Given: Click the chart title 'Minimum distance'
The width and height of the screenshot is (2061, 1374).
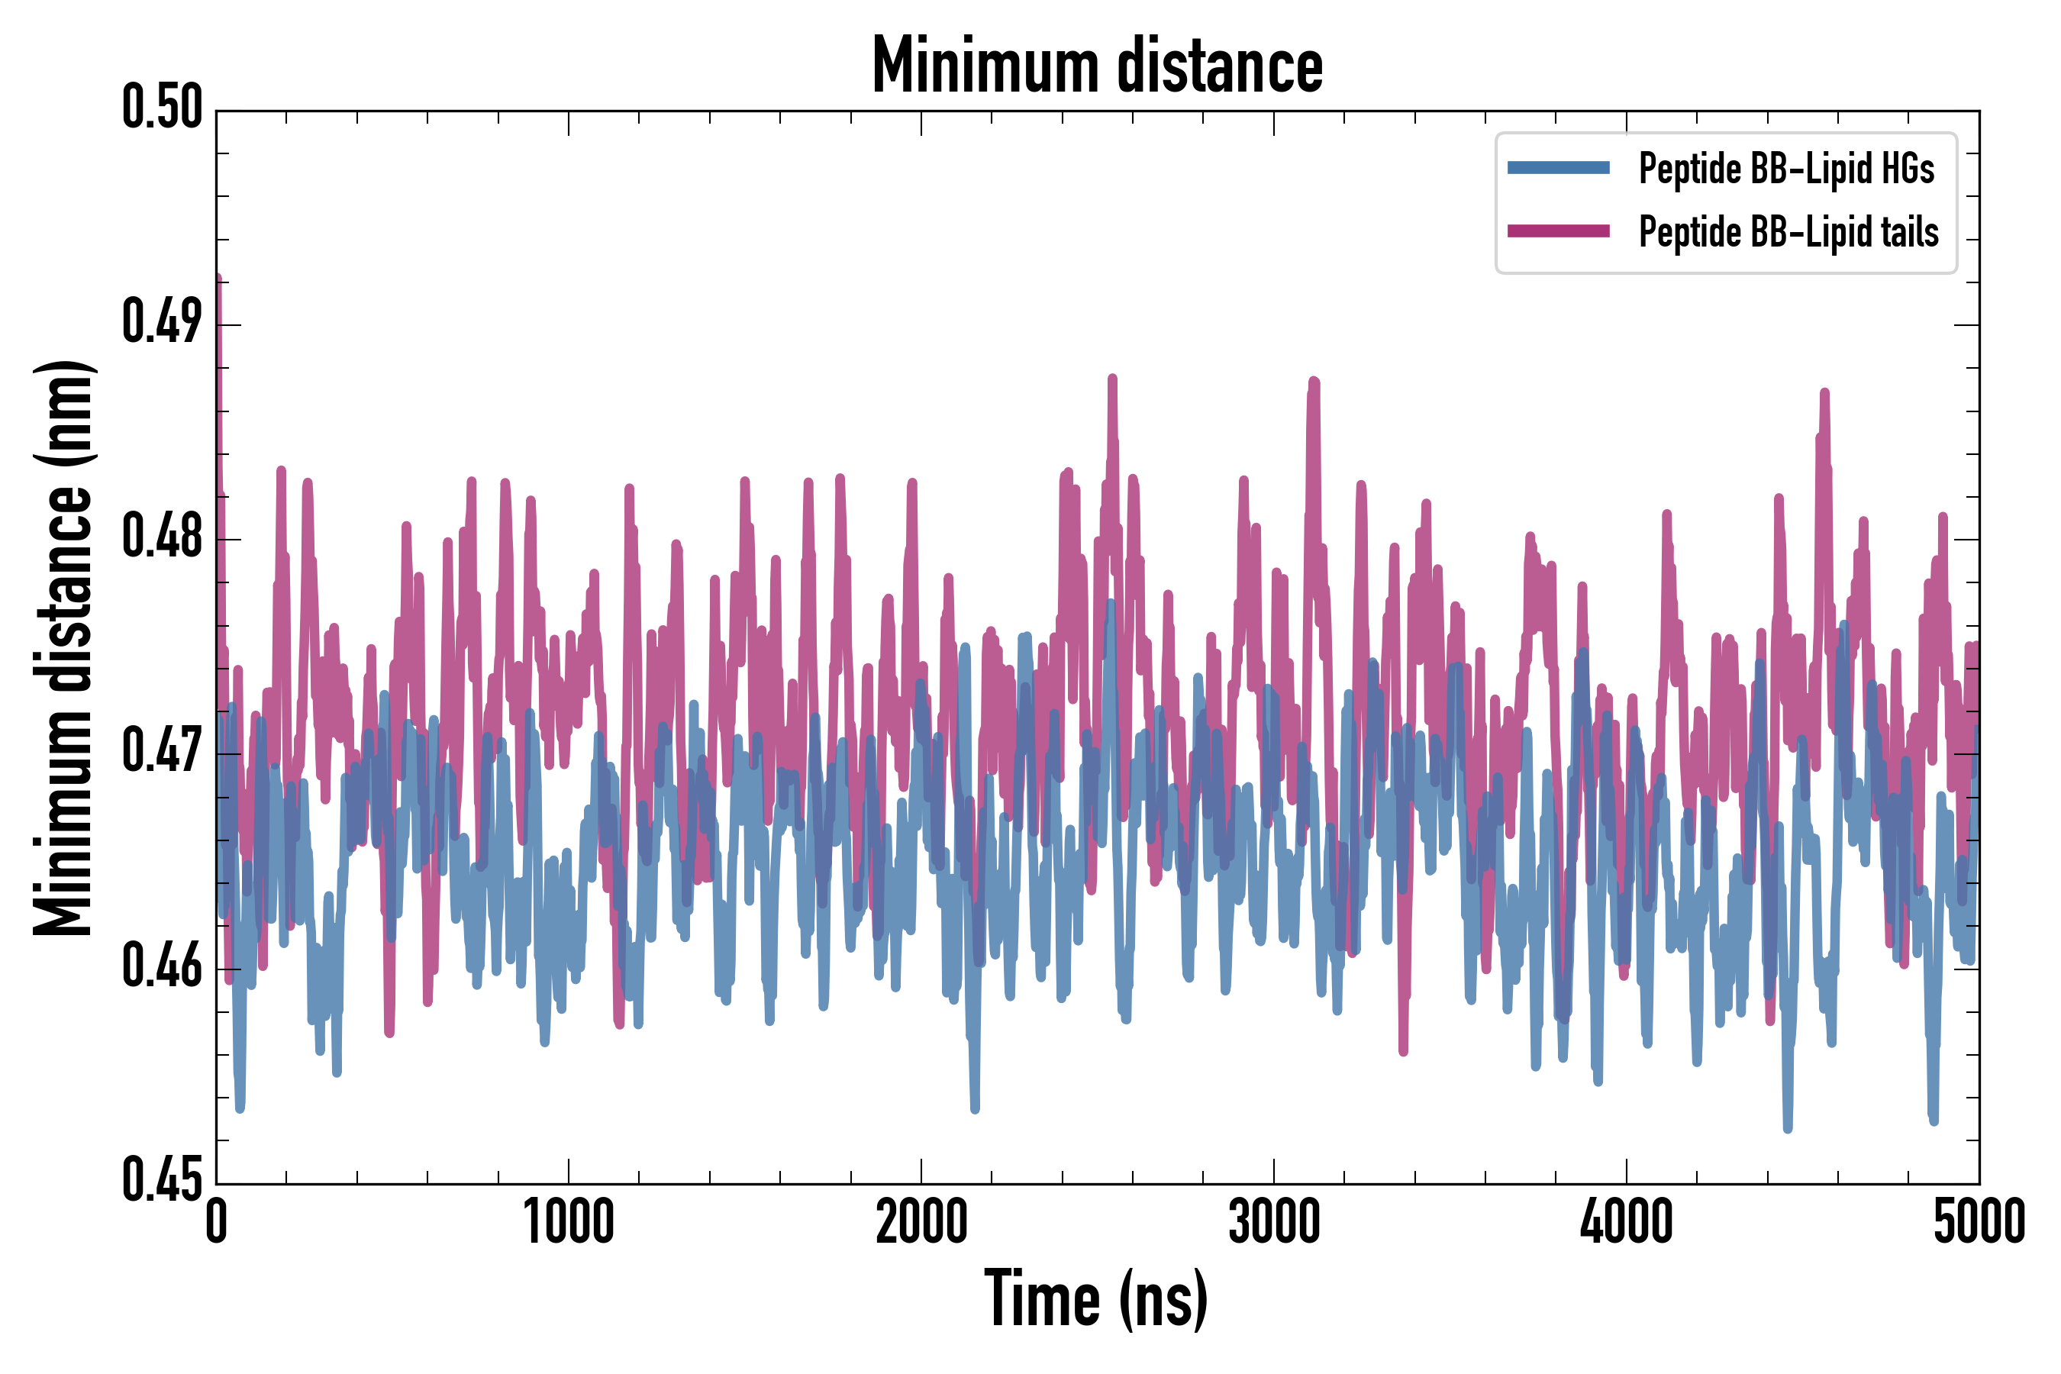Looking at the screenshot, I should tap(1097, 66).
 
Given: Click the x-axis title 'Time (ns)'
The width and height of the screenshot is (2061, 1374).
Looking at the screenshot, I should tap(1096, 1298).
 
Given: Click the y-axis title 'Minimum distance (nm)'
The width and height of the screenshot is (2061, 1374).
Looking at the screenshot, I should tap(63, 647).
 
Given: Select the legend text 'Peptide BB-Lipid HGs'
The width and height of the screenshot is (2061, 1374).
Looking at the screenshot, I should tap(1786, 168).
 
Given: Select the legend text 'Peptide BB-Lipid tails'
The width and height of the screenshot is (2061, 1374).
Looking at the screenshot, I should tap(1788, 232).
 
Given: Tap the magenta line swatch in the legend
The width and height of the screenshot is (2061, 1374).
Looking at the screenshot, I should tap(1558, 231).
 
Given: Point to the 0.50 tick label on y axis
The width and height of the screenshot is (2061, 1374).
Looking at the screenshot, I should tap(162, 108).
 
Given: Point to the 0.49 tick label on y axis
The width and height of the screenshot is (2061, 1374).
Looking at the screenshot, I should tap(162, 322).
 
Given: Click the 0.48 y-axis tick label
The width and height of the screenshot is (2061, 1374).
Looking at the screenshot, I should tap(162, 537).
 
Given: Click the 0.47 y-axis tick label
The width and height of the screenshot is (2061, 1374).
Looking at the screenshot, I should tap(162, 752).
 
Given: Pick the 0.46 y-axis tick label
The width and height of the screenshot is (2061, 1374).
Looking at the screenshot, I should tap(162, 966).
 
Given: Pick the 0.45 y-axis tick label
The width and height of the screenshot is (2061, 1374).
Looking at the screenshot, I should tap(162, 1181).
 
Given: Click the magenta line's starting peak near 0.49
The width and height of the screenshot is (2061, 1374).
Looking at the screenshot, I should tap(218, 280).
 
